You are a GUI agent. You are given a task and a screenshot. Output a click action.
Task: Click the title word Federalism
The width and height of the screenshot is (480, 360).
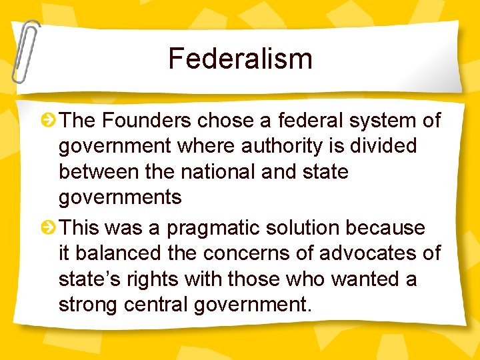click(240, 59)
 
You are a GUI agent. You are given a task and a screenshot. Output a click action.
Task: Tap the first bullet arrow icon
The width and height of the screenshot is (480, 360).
click(49, 121)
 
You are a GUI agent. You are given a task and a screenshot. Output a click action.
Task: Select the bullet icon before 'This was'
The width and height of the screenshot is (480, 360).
click(49, 228)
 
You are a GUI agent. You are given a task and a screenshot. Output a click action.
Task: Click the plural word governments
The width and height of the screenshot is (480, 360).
click(120, 197)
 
